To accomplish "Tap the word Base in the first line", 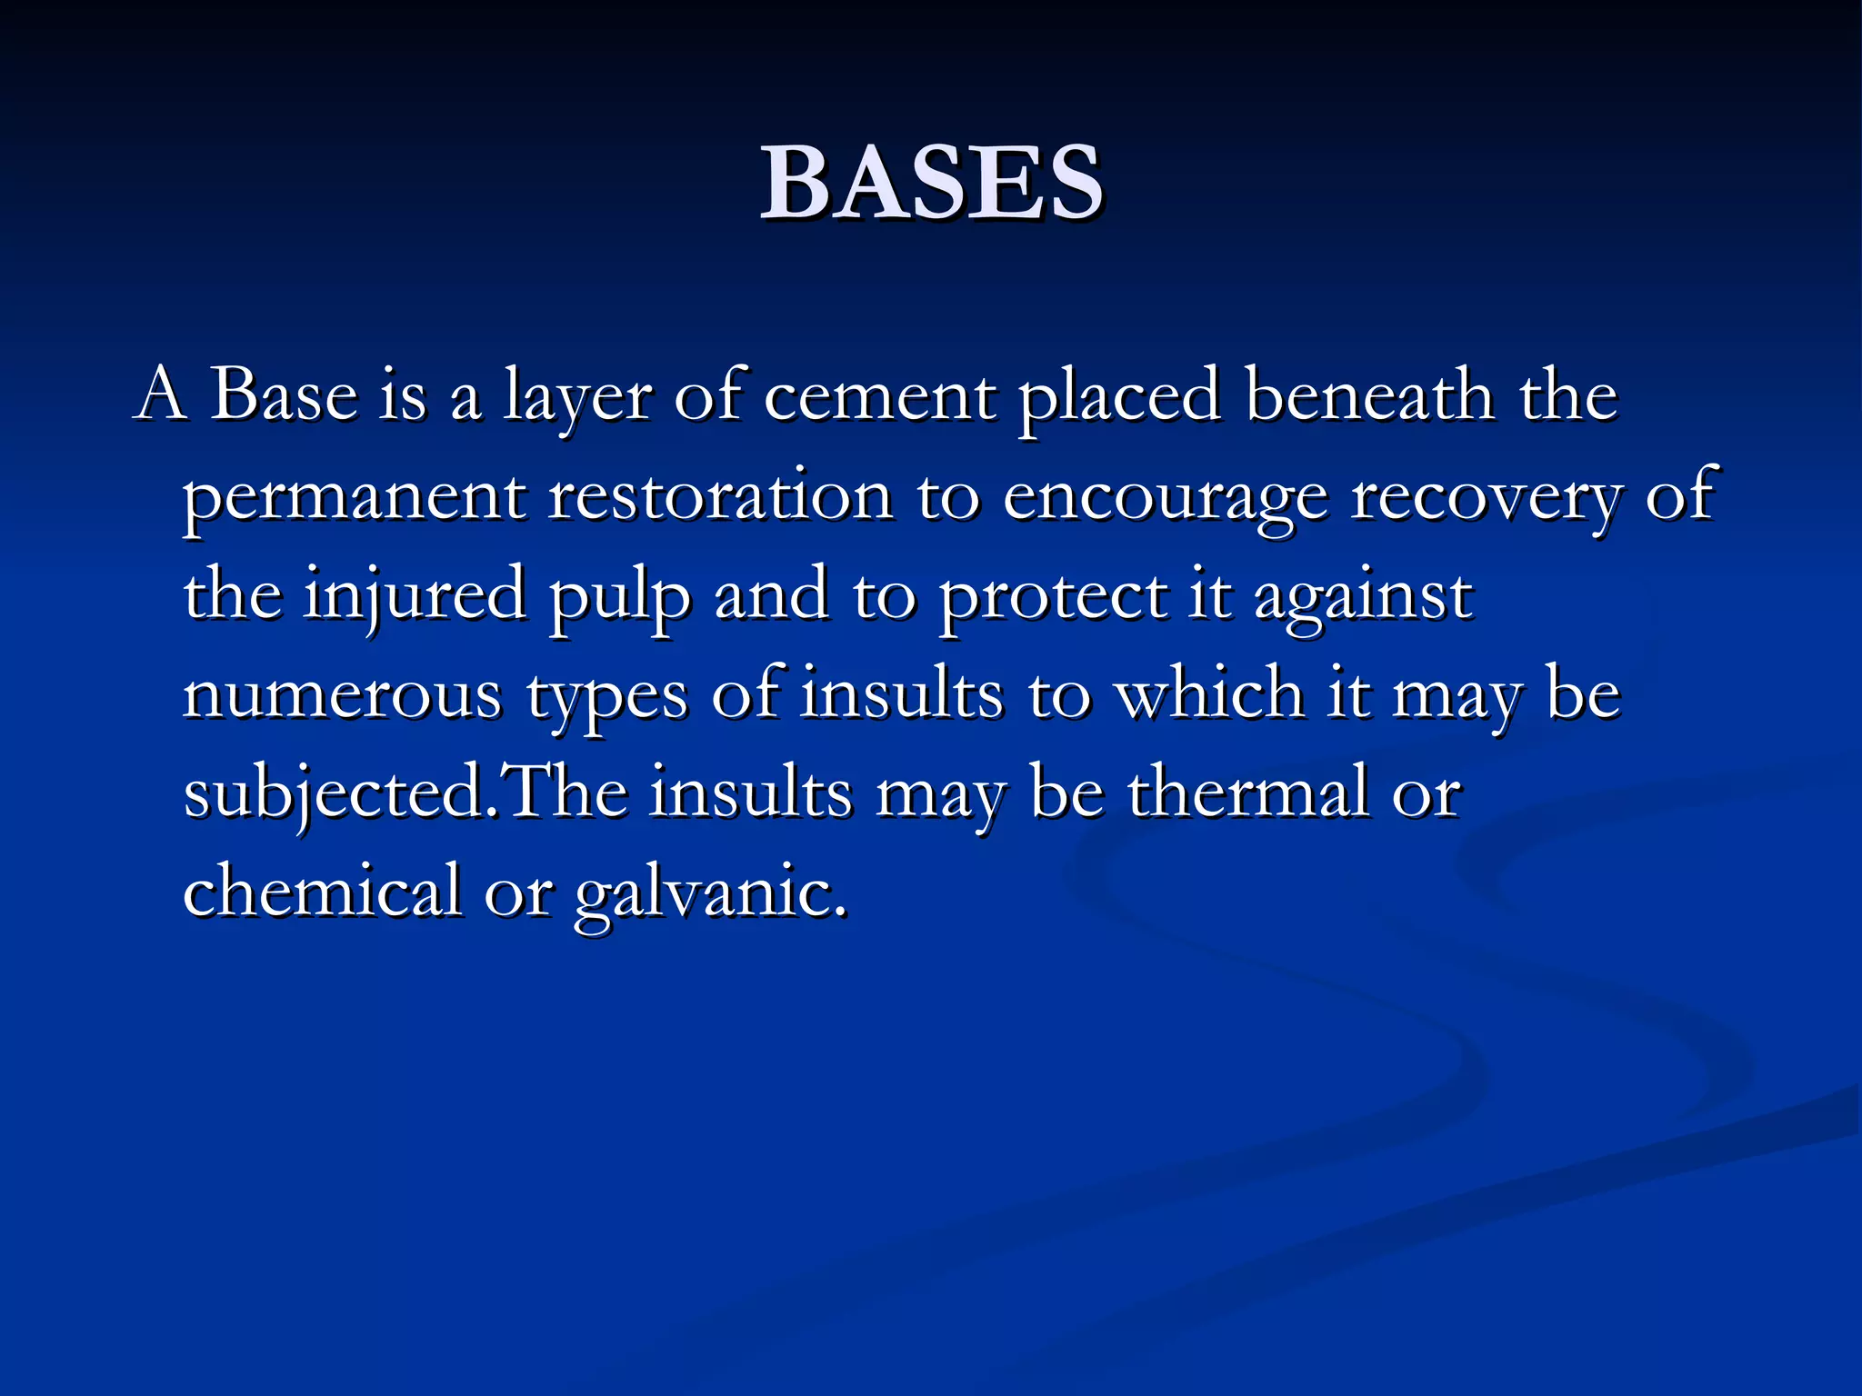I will pos(284,396).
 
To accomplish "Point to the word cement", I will pos(878,398).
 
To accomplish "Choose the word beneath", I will pos(1370,396).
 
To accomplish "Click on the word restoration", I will pos(720,496).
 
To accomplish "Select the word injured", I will pos(415,596).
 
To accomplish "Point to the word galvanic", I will pos(710,894).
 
